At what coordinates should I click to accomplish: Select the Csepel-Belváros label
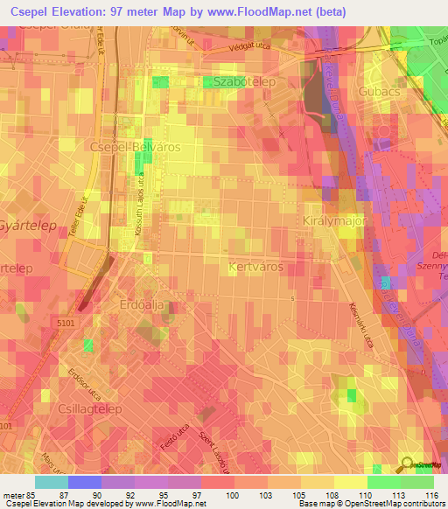tap(135, 148)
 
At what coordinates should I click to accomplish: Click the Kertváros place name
tap(255, 265)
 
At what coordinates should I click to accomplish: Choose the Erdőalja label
tap(142, 304)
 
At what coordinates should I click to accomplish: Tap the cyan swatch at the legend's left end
tap(51, 482)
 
